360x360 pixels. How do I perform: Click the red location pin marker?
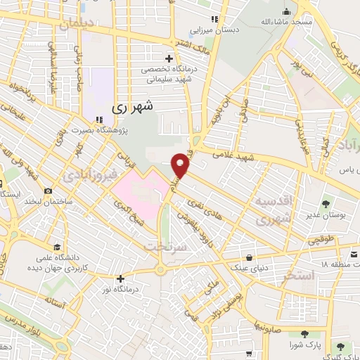pos(181,165)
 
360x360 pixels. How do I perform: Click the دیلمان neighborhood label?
pos(75,24)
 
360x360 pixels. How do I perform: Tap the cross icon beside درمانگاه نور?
pos(120,278)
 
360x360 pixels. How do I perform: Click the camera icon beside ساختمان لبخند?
pos(48,191)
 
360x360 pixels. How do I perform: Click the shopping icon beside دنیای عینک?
pos(251,256)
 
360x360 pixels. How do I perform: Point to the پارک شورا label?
pos(304,346)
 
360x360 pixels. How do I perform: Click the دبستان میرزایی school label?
pos(217,31)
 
